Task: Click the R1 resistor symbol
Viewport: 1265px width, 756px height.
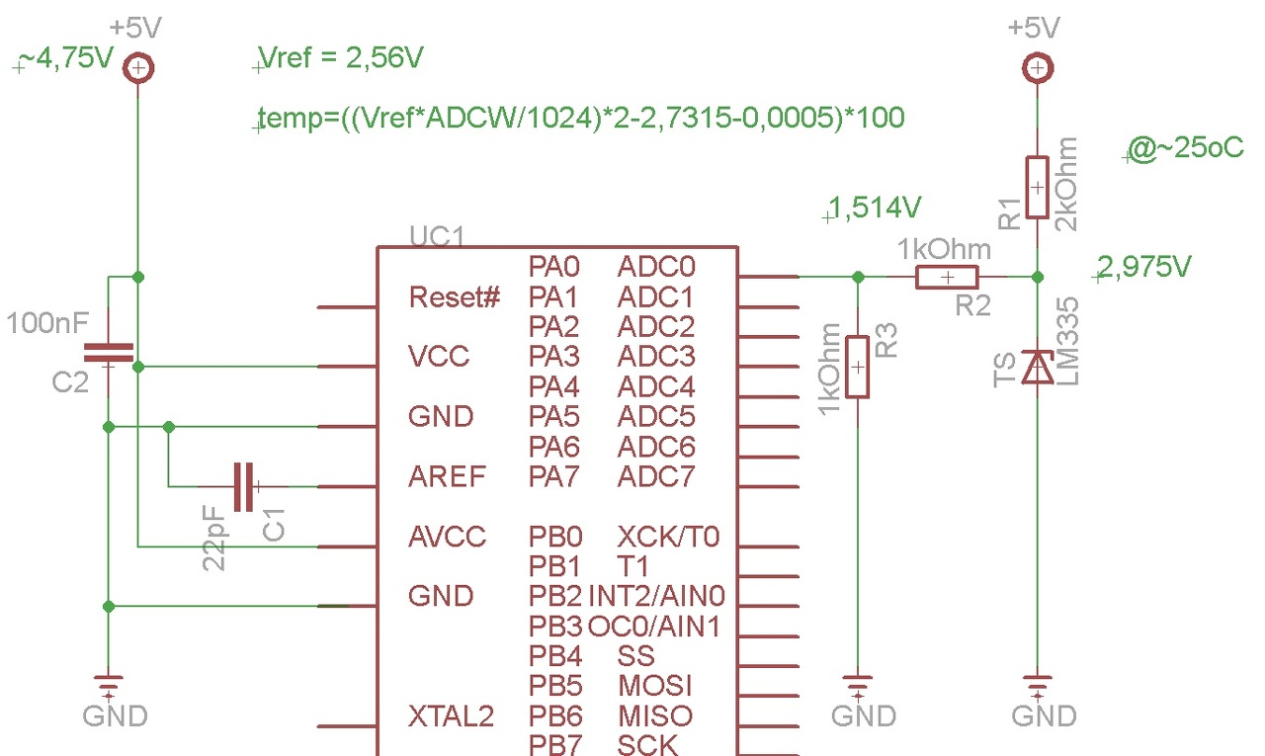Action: click(x=1037, y=187)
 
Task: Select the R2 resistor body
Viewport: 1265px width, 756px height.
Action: click(x=947, y=277)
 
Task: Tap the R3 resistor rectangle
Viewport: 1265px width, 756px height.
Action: click(x=857, y=367)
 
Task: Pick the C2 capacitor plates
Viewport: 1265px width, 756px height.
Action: click(x=109, y=352)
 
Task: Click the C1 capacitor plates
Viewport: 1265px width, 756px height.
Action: click(x=243, y=486)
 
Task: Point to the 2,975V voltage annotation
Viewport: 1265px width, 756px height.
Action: click(x=1144, y=267)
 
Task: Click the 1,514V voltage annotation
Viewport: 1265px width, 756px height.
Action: click(x=875, y=208)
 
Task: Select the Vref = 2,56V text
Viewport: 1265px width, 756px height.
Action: click(x=341, y=57)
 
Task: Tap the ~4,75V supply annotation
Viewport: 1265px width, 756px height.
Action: click(x=66, y=57)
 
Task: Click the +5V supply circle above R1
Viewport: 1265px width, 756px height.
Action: click(x=1038, y=68)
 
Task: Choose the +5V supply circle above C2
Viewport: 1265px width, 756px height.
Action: click(x=138, y=68)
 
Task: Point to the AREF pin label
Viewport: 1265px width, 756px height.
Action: click(x=447, y=476)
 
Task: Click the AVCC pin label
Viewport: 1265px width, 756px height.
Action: click(x=447, y=537)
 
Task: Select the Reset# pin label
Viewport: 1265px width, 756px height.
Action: click(x=455, y=297)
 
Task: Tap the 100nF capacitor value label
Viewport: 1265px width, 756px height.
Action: click(x=47, y=323)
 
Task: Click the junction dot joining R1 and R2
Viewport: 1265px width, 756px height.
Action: click(x=1038, y=277)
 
